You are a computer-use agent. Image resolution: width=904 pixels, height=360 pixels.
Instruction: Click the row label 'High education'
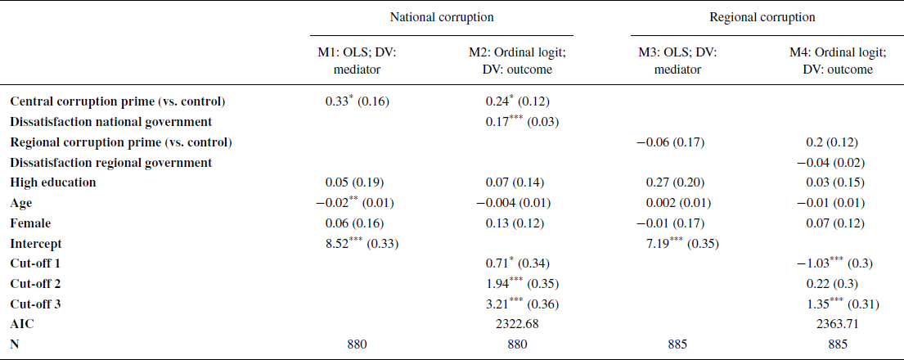coord(53,182)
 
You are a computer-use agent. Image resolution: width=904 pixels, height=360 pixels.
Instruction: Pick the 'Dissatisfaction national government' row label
coord(111,122)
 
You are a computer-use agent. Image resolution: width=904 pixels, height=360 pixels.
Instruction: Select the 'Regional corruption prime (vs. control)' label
coord(121,142)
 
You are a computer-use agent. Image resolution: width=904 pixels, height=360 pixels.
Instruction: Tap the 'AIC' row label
coord(22,324)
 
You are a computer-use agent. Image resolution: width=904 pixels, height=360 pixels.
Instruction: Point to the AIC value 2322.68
coord(517,324)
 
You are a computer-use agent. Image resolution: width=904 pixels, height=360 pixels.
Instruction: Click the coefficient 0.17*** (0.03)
coord(517,122)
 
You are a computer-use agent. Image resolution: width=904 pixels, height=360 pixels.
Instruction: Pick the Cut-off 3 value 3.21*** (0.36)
coord(517,304)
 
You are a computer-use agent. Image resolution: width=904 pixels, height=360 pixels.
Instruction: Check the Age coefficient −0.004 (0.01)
coord(517,203)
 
